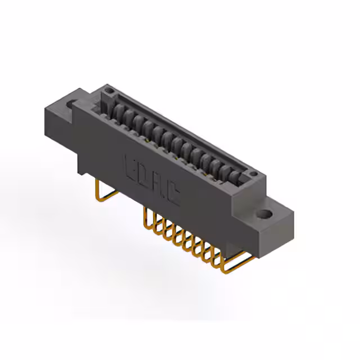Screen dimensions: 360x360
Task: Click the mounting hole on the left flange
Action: tap(73, 104)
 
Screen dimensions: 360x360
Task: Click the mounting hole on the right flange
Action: tap(264, 214)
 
